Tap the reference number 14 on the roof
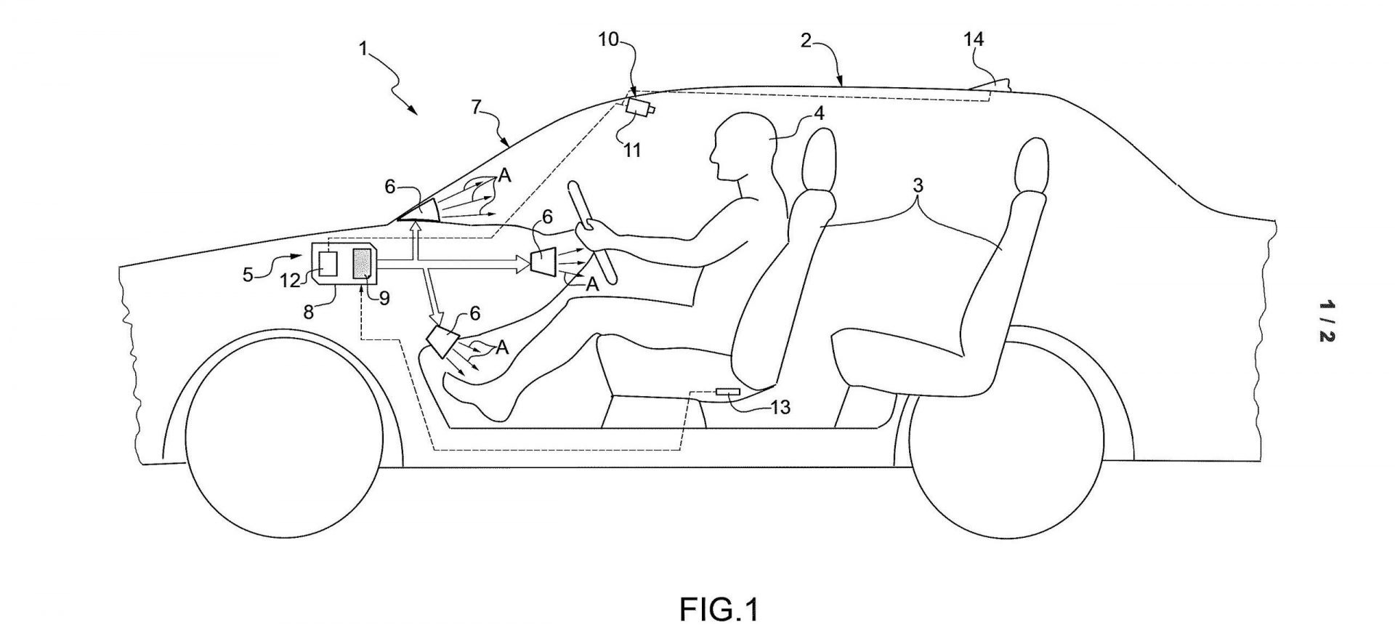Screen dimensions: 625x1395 (973, 39)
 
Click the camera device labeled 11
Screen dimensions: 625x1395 (639, 107)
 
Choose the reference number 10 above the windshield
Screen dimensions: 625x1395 (608, 39)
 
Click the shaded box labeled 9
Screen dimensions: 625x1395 (362, 263)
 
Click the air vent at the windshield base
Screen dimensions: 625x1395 (421, 210)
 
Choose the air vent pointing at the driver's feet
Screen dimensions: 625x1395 (442, 341)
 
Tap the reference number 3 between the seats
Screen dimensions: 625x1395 (918, 186)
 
